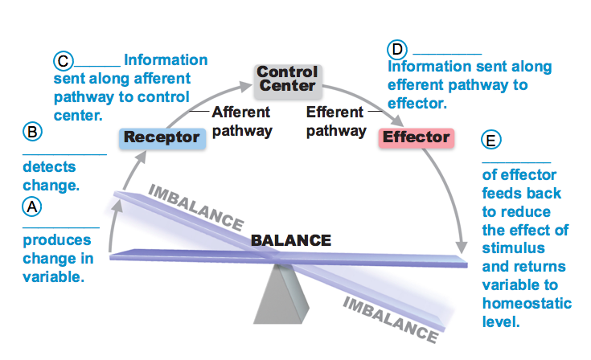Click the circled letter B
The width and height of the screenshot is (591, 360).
click(31, 132)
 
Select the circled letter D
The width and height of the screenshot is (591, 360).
click(396, 48)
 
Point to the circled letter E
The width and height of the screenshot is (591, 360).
click(492, 139)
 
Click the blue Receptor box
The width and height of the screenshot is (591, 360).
click(162, 137)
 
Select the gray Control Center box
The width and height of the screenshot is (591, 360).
click(287, 79)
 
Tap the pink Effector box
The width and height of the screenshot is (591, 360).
click(416, 137)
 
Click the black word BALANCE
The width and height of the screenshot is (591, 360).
click(290, 240)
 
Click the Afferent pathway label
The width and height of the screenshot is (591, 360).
click(241, 121)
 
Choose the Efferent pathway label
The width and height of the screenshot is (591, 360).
click(335, 121)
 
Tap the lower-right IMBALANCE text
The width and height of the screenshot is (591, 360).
click(390, 315)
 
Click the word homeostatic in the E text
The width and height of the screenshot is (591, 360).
click(527, 305)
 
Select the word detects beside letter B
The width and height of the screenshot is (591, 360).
click(49, 167)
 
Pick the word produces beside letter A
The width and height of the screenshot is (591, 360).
click(57, 240)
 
